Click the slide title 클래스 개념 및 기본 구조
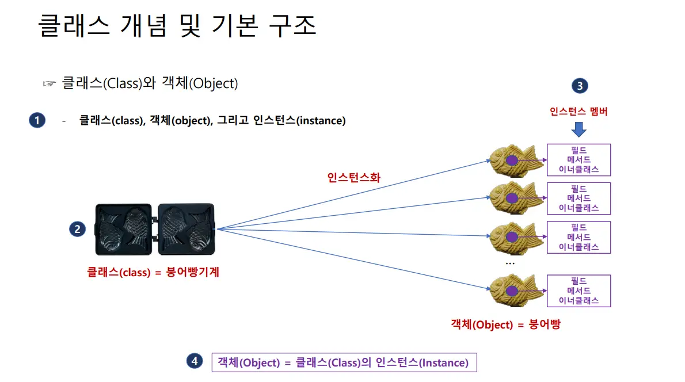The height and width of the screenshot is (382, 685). [x=177, y=26]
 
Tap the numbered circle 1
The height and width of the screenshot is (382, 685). [x=37, y=120]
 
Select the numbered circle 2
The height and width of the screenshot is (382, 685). [x=77, y=229]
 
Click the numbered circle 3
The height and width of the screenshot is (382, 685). [x=579, y=86]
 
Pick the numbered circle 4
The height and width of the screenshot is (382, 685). [x=195, y=361]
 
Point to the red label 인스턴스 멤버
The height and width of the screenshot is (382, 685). [x=579, y=112]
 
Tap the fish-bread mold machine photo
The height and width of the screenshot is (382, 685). [x=155, y=228]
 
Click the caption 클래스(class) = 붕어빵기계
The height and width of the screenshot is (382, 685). [x=153, y=272]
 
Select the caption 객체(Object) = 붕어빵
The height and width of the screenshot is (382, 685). [x=505, y=324]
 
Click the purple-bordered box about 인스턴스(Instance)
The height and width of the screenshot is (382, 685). [x=344, y=362]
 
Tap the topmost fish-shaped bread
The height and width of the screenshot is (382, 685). [x=516, y=160]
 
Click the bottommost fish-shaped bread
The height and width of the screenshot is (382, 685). [x=516, y=291]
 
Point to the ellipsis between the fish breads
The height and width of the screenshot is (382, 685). [x=510, y=262]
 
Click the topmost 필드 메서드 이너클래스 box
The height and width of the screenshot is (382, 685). [x=579, y=160]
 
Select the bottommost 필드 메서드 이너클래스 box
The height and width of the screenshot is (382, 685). [x=579, y=291]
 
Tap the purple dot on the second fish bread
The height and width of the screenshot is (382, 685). [x=511, y=198]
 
